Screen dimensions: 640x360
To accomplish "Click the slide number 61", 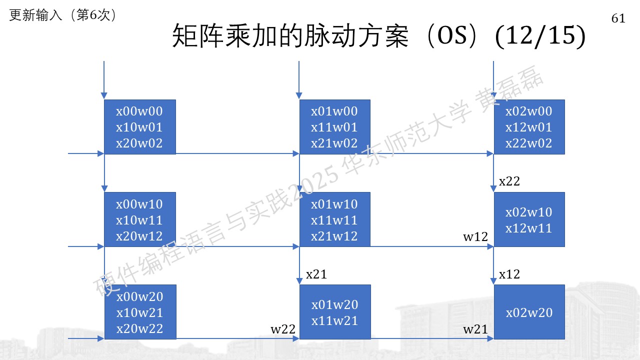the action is click(x=618, y=18).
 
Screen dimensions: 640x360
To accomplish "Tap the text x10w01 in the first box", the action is click(x=139, y=127).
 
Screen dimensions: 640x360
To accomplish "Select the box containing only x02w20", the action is click(x=529, y=312).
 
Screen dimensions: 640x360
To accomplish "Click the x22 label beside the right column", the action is click(x=509, y=181).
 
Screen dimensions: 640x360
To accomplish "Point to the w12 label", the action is click(x=475, y=237).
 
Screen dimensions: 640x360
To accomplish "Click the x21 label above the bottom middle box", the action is click(x=316, y=274).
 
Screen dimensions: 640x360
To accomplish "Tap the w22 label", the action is click(x=283, y=329).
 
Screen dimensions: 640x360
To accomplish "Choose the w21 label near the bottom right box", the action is click(x=475, y=329).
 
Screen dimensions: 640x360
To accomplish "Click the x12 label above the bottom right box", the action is click(x=509, y=274).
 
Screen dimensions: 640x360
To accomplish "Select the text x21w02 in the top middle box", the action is click(x=334, y=143).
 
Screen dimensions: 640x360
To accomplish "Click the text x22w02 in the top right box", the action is click(x=529, y=143).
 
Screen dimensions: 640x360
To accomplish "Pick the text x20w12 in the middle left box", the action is click(x=139, y=236).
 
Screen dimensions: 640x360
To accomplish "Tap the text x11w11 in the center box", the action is click(x=334, y=220).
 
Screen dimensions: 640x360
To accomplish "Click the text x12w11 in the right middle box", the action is click(x=529, y=228).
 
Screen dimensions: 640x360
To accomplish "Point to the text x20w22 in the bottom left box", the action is click(x=139, y=329).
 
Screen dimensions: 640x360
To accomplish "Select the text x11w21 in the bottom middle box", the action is click(x=335, y=321).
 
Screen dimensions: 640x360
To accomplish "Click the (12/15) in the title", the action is click(x=540, y=35).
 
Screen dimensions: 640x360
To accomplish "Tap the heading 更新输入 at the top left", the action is click(x=35, y=15).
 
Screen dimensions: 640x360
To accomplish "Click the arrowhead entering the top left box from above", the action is click(x=104, y=95).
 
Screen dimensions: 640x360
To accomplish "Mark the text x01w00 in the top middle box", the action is click(x=334, y=111).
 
